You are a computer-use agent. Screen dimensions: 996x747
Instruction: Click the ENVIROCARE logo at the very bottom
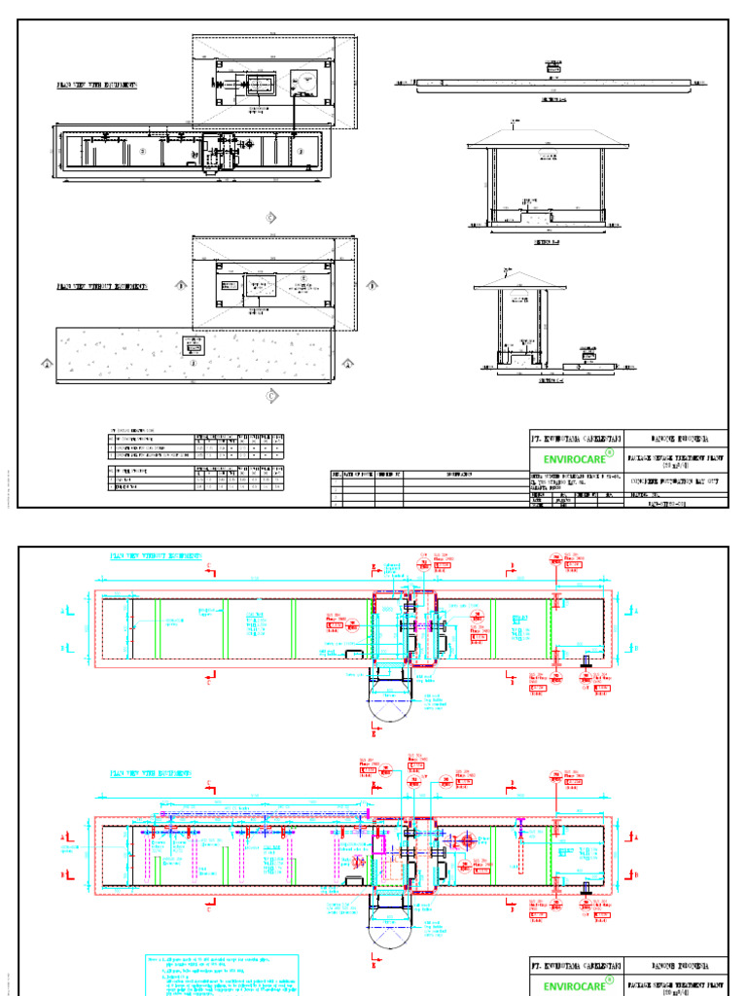(573, 986)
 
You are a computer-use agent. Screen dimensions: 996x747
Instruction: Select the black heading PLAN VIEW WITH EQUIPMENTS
(96, 86)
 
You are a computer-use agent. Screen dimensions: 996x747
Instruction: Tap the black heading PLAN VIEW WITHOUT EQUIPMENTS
(102, 287)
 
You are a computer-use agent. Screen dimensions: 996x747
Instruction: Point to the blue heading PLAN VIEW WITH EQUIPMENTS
(150, 773)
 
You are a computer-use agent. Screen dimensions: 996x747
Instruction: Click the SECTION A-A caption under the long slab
(553, 99)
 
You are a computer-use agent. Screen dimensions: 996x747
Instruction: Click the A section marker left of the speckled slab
(46, 365)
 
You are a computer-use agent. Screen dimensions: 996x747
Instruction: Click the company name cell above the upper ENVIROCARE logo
(573, 438)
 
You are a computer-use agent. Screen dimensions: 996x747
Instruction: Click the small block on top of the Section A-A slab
(553, 70)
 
